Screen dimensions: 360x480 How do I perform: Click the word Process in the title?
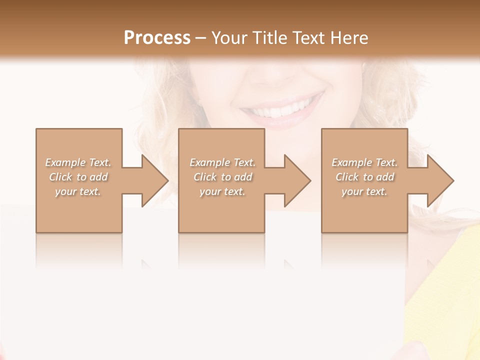pos(157,38)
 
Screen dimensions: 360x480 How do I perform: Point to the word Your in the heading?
pos(229,38)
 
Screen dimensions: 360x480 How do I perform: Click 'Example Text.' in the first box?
pos(78,162)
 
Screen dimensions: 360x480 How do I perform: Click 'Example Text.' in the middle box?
pos(222,162)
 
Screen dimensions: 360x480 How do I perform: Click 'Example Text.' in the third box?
pos(364,162)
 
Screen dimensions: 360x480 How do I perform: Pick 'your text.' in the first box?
pos(78,191)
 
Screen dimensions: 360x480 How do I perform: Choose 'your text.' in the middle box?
pos(222,191)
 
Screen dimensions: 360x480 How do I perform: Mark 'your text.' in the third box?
pos(364,191)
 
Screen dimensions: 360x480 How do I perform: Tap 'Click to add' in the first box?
pos(78,177)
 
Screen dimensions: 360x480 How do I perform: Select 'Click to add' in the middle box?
pos(222,177)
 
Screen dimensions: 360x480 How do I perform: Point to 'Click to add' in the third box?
pos(364,177)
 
